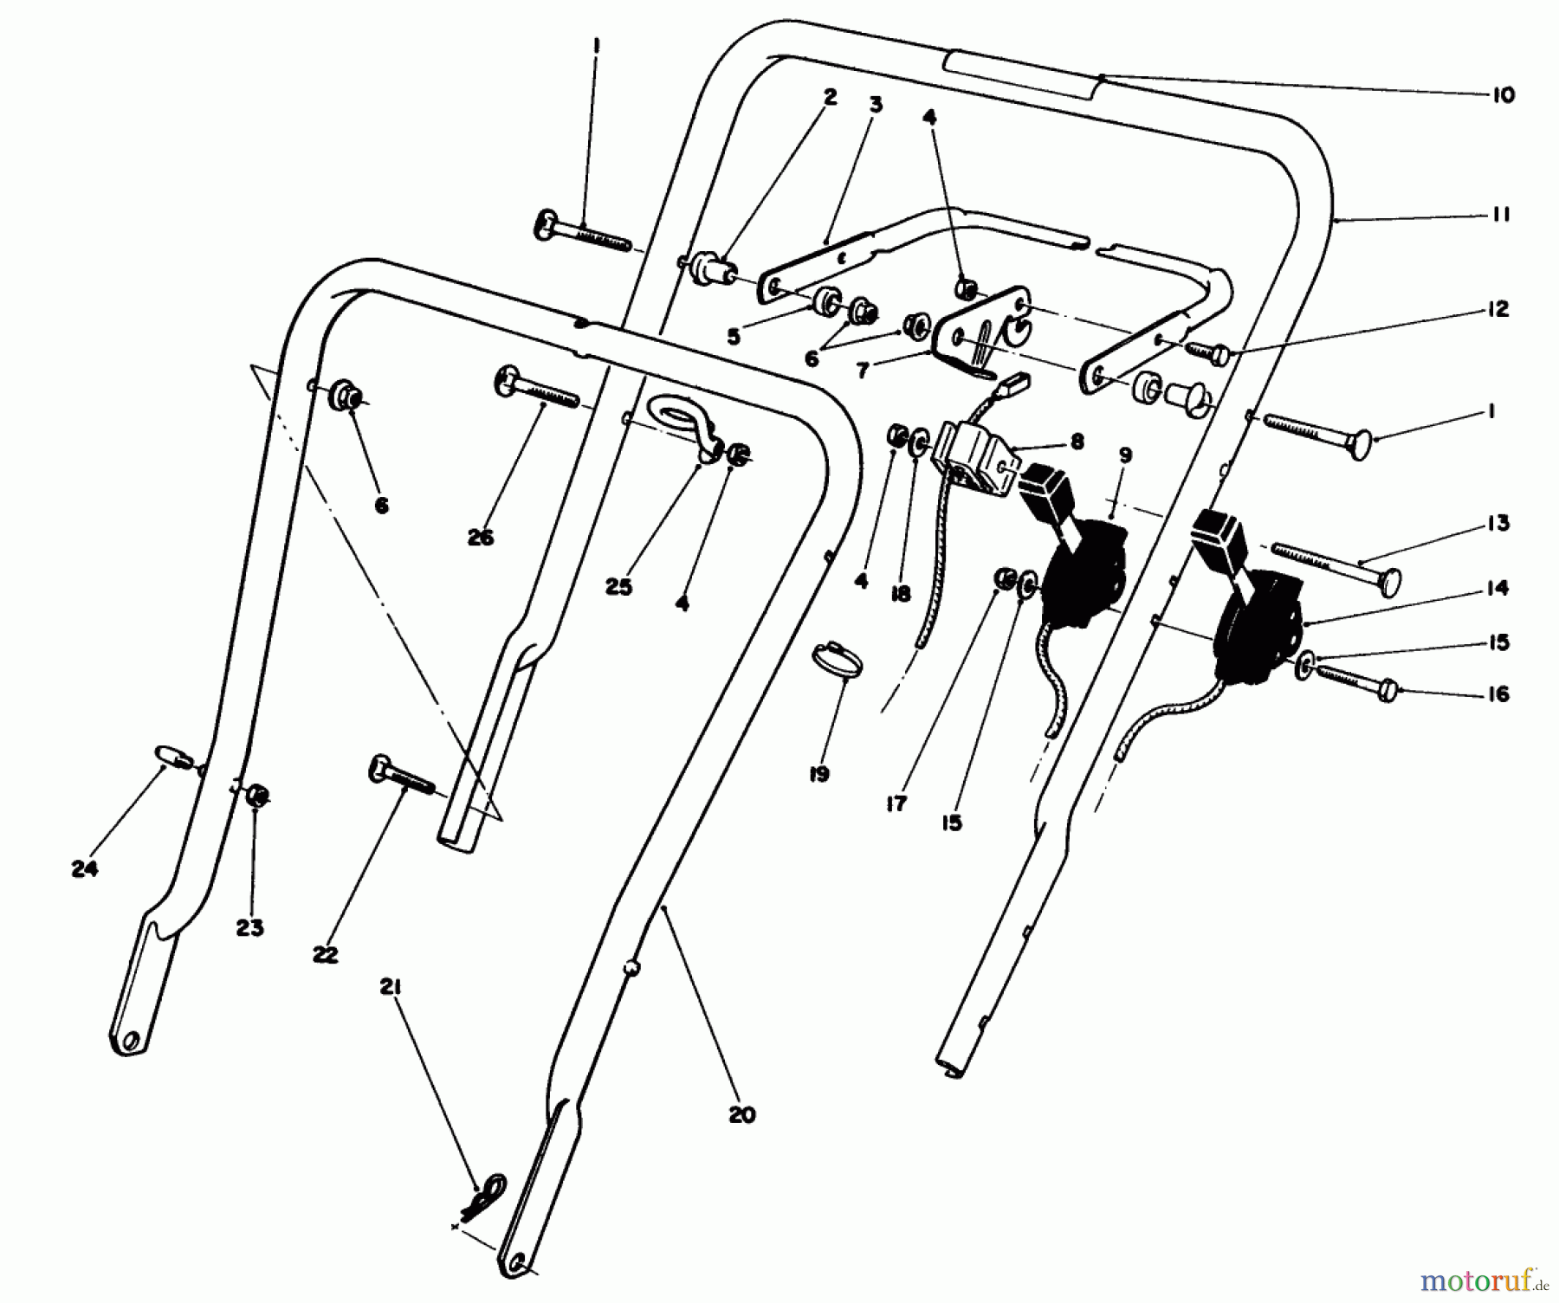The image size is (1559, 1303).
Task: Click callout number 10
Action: coord(1504,95)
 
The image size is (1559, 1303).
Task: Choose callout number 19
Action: coord(818,773)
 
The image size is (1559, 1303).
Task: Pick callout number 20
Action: coord(742,1114)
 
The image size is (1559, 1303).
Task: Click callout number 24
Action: coord(84,869)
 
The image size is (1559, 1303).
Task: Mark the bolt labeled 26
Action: coord(535,390)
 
